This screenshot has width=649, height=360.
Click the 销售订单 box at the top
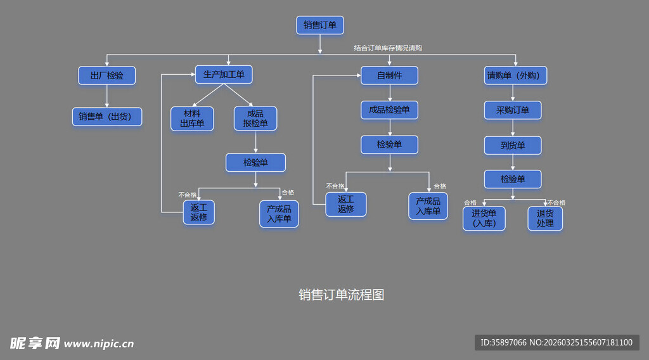pos(320,25)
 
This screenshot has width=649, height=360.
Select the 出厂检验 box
pos(106,75)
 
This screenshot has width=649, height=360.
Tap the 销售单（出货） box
pos(106,117)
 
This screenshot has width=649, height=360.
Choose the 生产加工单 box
pos(224,75)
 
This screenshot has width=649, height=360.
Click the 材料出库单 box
pos(192,119)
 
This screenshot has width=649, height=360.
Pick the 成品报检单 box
pos(255,119)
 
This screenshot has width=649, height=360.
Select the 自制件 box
pos(389,75)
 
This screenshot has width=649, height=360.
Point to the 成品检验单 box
pos(389,110)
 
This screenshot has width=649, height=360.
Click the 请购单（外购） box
pos(513,75)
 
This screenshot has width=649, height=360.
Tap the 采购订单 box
pos(513,110)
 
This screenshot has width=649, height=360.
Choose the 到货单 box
pos(513,145)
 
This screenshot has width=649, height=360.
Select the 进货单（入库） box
pos(484,218)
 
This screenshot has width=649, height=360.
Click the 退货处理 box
pos(545,218)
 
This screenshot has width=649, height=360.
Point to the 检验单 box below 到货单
pos(513,179)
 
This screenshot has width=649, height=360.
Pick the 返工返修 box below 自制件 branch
pos(345,204)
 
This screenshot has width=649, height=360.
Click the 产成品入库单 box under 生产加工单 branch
pos(279,214)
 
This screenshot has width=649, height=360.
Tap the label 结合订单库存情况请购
pos(388,48)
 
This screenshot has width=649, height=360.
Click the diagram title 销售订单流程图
pos(342,295)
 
